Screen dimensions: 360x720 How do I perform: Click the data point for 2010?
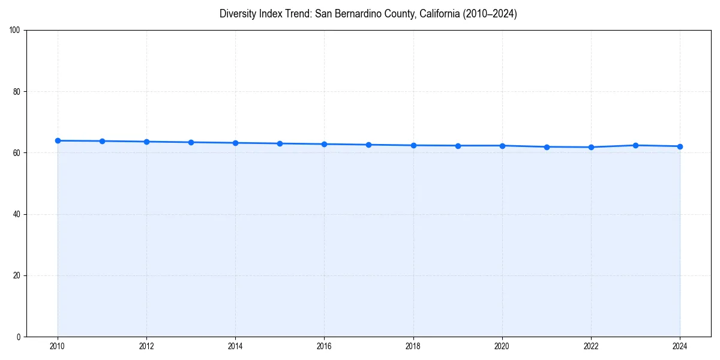tap(58, 140)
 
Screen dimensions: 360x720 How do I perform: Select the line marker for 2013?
tap(191, 142)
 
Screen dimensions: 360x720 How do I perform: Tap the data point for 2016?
tap(324, 144)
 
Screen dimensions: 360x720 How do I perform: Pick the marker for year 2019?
tap(458, 146)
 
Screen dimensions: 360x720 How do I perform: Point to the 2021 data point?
tap(547, 147)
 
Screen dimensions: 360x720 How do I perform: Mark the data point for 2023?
tap(635, 145)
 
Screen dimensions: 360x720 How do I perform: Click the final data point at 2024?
tap(680, 146)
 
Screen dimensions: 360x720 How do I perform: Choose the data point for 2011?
tap(102, 141)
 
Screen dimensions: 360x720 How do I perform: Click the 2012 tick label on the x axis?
tap(146, 346)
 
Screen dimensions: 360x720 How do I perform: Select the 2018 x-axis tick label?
tap(413, 346)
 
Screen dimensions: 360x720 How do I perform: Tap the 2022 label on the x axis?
tap(591, 346)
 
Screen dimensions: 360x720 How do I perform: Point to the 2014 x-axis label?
tap(235, 346)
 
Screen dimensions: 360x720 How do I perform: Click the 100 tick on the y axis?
tap(16, 30)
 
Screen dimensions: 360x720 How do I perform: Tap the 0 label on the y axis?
tap(19, 337)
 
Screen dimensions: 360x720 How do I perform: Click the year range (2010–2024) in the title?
tap(491, 14)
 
